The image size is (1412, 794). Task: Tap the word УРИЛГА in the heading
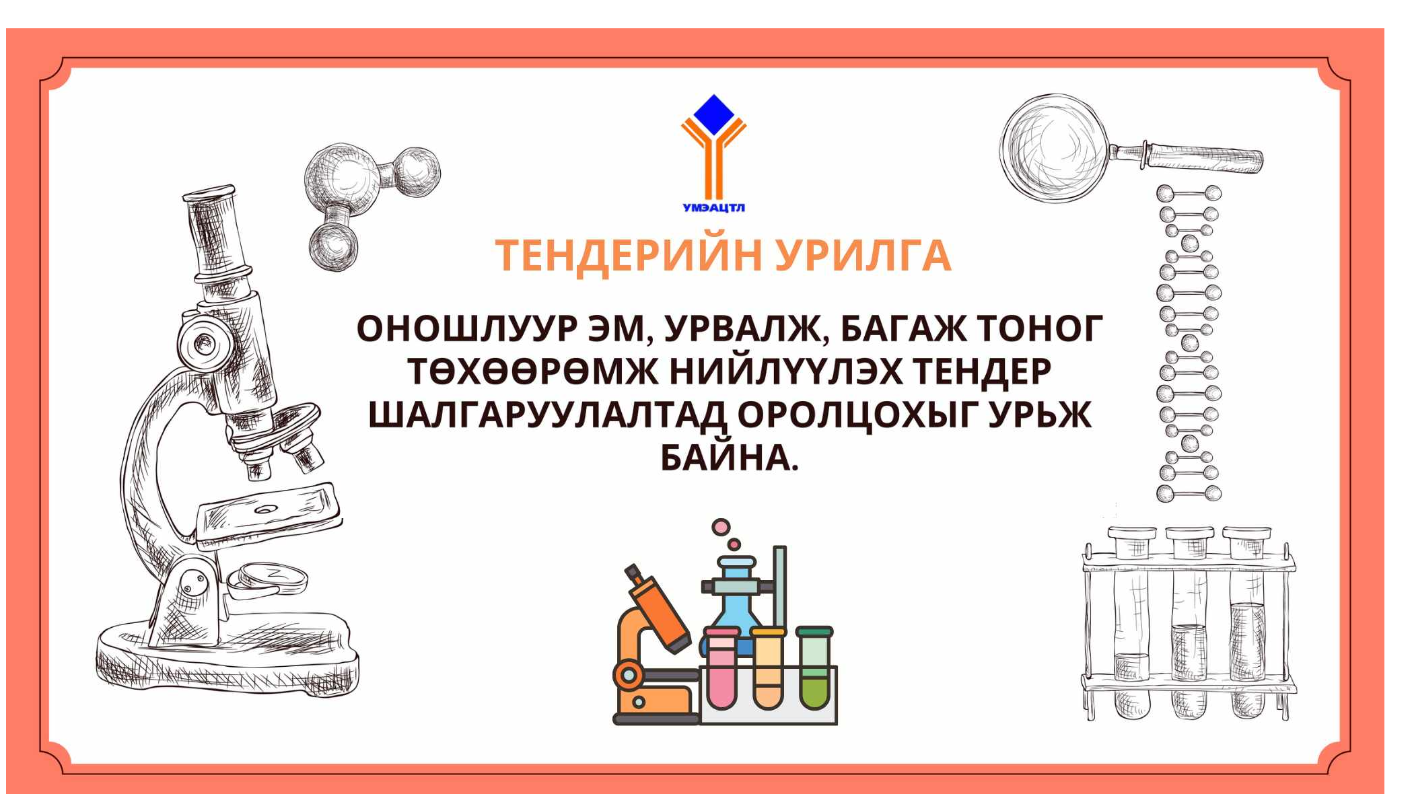pyautogui.click(x=863, y=256)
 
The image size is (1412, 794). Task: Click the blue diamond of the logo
pyautogui.click(x=713, y=115)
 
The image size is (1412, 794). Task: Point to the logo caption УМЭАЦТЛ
pyautogui.click(x=713, y=208)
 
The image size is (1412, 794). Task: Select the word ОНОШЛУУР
pyautogui.click(x=467, y=330)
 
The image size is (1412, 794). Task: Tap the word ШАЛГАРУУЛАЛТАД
pyautogui.click(x=548, y=415)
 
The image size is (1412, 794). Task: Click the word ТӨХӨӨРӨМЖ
pyautogui.click(x=532, y=372)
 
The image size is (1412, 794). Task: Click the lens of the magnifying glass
pyautogui.click(x=1054, y=148)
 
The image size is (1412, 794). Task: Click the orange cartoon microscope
pyautogui.click(x=652, y=646)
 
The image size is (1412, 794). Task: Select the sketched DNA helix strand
pyautogui.click(x=1189, y=343)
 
